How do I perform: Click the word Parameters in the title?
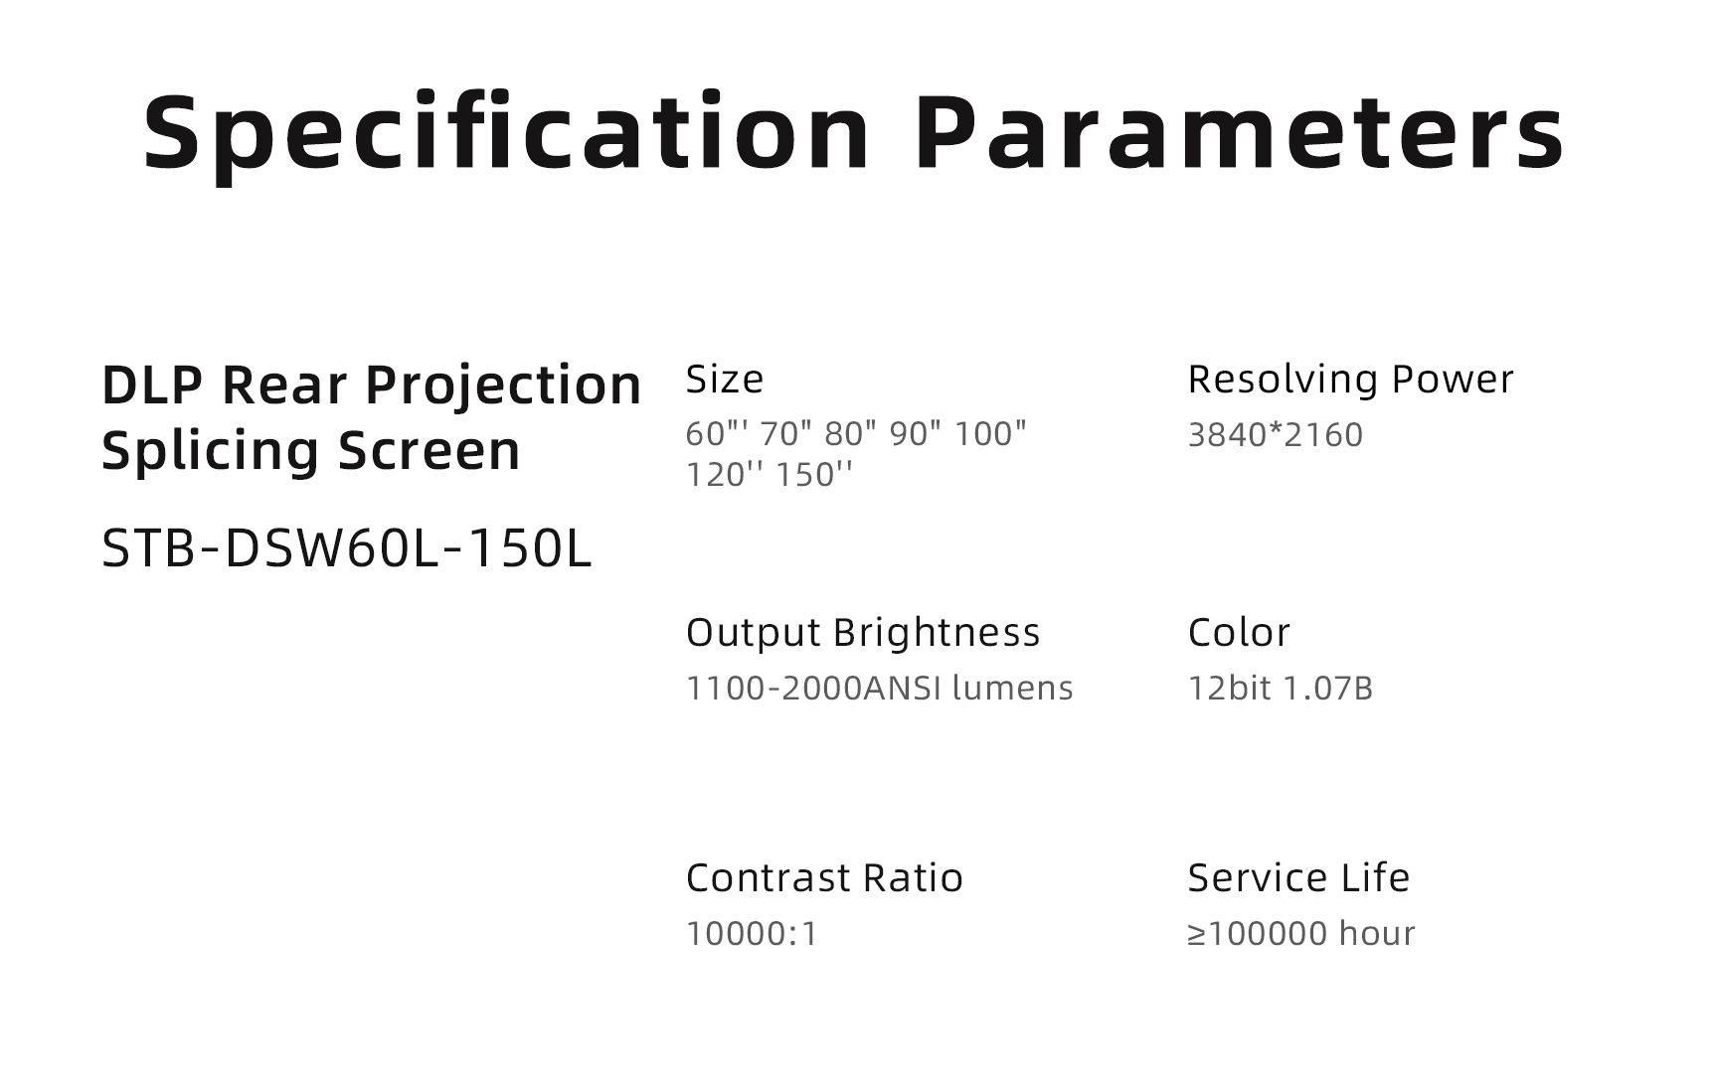click(1240, 132)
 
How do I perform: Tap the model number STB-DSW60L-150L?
click(347, 548)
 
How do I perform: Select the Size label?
click(725, 380)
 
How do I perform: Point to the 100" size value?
click(990, 434)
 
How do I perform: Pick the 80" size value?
click(851, 434)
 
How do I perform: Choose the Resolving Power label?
click(1350, 381)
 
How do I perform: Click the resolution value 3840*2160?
click(1276, 435)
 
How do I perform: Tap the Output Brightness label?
click(863, 634)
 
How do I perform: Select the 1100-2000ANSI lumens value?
click(880, 689)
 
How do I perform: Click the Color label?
click(1239, 633)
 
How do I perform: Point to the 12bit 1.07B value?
click(1281, 689)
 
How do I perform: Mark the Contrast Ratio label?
click(824, 878)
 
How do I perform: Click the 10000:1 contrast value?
click(752, 934)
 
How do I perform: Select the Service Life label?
click(1298, 878)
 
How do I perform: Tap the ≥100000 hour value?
click(1301, 934)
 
